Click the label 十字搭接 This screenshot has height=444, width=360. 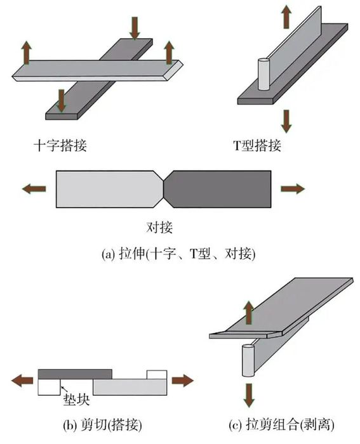pyautogui.click(x=60, y=145)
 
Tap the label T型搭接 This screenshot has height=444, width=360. pyautogui.click(x=257, y=145)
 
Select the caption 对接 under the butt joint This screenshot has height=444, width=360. pyautogui.click(x=159, y=227)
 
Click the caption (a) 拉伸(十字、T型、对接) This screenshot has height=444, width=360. pyautogui.click(x=178, y=254)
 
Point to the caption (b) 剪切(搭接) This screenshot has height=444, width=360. pyautogui.click(x=103, y=425)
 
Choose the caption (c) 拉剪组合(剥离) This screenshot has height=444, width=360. pyautogui.click(x=281, y=425)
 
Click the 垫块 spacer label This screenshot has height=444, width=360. pyautogui.click(x=76, y=400)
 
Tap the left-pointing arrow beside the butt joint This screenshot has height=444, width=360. pyautogui.click(x=34, y=188)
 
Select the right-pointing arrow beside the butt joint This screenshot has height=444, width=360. pyautogui.click(x=293, y=188)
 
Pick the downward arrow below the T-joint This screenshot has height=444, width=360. pyautogui.click(x=286, y=122)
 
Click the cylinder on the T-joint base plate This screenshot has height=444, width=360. pyautogui.click(x=263, y=74)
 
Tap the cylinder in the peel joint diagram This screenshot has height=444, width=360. pyautogui.click(x=248, y=360)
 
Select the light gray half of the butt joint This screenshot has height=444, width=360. pyautogui.click(x=110, y=189)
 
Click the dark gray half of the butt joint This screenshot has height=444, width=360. pyautogui.click(x=218, y=189)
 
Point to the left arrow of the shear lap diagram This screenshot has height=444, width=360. pyautogui.click(x=22, y=380)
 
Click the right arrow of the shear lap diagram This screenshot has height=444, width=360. pyautogui.click(x=183, y=380)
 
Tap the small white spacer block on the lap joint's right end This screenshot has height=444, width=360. pyautogui.click(x=157, y=374)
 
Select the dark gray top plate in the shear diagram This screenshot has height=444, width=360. pyautogui.click(x=75, y=374)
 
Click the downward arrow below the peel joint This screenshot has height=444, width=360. pyautogui.click(x=249, y=395)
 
